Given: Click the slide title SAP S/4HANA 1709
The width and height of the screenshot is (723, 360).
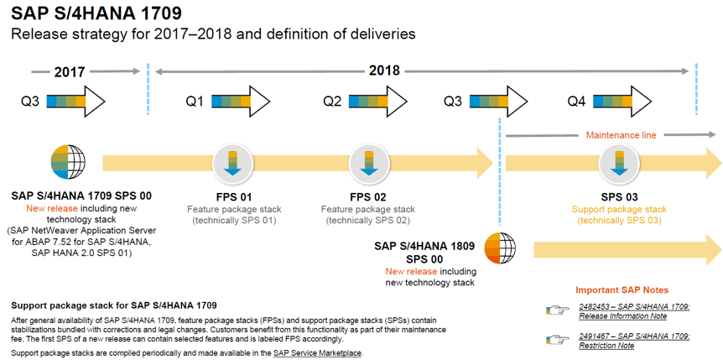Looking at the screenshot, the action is click(96, 13).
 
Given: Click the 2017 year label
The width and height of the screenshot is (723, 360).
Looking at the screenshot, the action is click(70, 72).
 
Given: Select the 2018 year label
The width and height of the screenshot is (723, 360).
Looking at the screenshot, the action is click(384, 70).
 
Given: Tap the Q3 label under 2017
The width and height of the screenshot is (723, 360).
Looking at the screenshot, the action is click(31, 101).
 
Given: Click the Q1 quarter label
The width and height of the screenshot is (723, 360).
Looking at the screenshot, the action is click(195, 101).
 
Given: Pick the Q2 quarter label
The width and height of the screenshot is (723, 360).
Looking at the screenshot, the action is click(332, 101).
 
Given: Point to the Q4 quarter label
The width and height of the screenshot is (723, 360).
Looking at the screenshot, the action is click(576, 101).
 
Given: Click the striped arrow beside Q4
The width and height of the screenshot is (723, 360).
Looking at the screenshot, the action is click(622, 101).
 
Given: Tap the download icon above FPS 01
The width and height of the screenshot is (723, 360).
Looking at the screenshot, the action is click(233, 163).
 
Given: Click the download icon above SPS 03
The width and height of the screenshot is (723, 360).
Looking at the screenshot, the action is click(619, 163).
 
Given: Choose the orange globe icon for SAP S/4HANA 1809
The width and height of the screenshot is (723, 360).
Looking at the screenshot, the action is click(500, 248).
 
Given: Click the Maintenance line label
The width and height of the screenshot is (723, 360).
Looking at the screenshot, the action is click(621, 135).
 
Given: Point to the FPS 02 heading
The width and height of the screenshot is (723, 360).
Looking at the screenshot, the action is click(367, 197).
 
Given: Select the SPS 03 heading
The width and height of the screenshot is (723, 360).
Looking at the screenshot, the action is click(619, 197).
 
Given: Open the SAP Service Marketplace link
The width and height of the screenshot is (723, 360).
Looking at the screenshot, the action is click(318, 353).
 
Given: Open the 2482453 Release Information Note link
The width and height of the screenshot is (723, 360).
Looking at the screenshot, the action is click(634, 311).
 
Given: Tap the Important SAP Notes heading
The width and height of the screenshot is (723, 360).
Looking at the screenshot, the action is click(622, 290).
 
